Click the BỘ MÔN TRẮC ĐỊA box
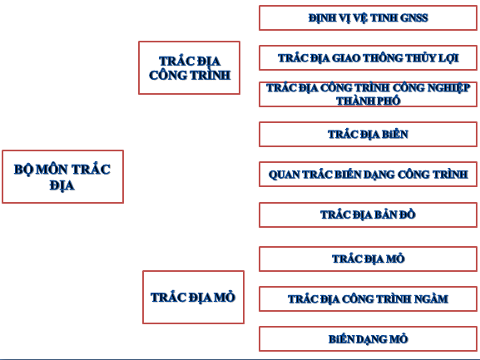click(62, 176)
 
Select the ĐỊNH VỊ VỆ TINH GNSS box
click(368, 17)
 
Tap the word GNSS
click(413, 17)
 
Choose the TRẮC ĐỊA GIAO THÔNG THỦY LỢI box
click(368, 58)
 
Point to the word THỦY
click(420, 58)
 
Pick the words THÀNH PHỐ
click(369, 101)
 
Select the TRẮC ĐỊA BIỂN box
click(368, 135)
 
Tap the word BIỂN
click(394, 135)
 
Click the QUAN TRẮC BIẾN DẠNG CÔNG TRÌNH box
click(368, 175)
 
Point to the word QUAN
click(285, 175)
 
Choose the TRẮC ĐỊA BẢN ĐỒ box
click(368, 215)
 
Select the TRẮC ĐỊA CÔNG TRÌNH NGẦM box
click(368, 298)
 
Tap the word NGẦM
click(431, 298)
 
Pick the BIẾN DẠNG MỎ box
click(368, 339)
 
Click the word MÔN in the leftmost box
click(52, 169)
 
